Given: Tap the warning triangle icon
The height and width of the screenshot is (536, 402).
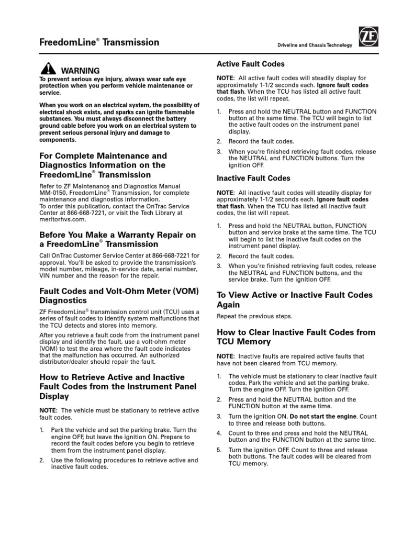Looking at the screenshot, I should click(x=48, y=69).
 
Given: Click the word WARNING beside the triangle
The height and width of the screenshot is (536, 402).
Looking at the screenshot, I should click(x=80, y=70).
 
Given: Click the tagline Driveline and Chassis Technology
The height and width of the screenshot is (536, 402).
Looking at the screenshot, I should click(x=315, y=46).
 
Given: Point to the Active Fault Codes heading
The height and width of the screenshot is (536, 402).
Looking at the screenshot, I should click(x=251, y=64).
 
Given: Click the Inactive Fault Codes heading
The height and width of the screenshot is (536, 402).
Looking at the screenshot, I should click(x=253, y=178).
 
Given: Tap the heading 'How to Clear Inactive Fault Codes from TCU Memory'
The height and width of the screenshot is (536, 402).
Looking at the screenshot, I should click(x=296, y=337).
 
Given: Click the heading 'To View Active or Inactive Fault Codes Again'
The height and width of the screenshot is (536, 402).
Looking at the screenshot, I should click(x=295, y=299).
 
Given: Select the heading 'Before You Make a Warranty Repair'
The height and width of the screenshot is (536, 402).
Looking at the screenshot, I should click(x=118, y=239).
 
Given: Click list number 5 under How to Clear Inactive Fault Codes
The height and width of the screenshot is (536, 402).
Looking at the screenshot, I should click(x=219, y=450).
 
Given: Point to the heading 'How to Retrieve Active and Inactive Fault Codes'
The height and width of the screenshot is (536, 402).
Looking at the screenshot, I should click(x=112, y=386).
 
